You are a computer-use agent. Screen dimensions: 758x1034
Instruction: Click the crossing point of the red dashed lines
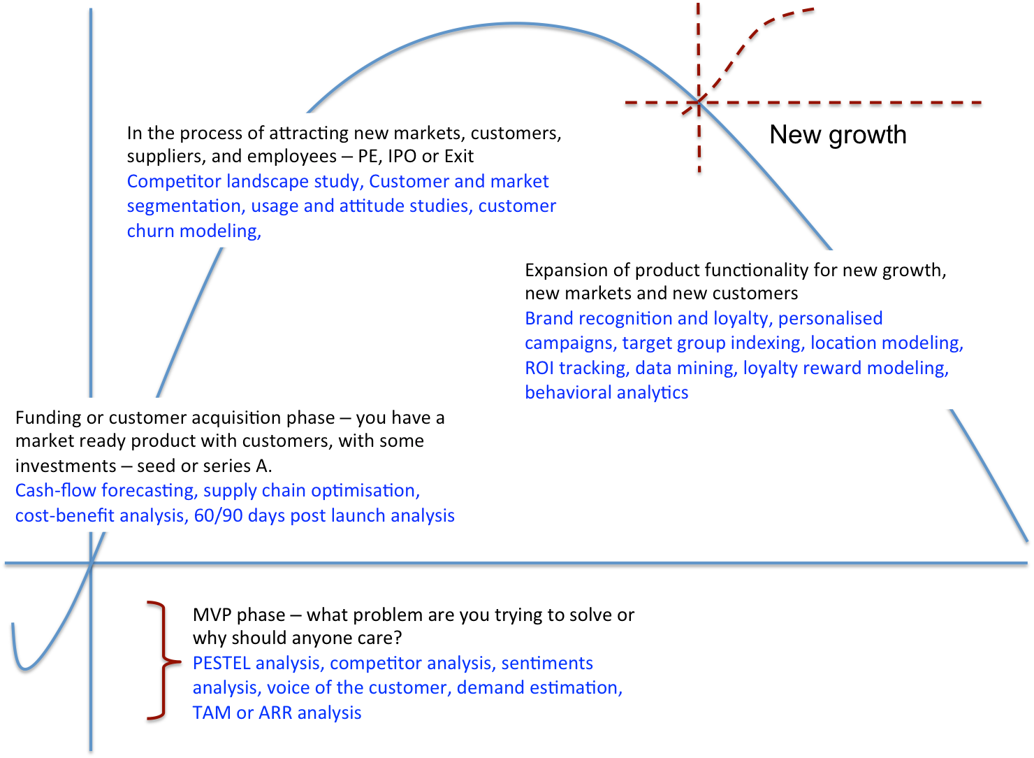tap(699, 102)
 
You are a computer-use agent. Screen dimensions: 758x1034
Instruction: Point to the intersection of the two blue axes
tap(91, 562)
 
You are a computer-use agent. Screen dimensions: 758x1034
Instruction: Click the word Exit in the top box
tap(459, 156)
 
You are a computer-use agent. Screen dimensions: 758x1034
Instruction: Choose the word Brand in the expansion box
tap(549, 318)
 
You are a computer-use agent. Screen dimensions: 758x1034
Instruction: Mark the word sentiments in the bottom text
tap(546, 663)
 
